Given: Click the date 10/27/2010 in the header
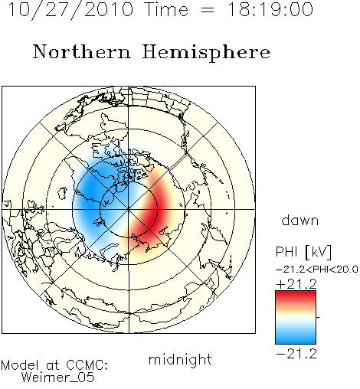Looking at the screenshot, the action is coord(71,9).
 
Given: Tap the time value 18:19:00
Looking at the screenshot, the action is coord(270,9).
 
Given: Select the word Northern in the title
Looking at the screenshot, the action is coord(82,51).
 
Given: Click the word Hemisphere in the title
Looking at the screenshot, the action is coord(206,53).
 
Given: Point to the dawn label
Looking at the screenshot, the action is coord(300,220).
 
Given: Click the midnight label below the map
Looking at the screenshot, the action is coord(180,359).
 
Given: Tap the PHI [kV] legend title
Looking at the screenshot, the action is coord(303,252).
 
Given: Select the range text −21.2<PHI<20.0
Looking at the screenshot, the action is coord(317,270).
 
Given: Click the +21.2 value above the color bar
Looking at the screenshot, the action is coord(296,284).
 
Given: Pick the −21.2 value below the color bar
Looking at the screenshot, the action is coord(296,354).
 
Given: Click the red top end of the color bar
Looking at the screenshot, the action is coord(296,293).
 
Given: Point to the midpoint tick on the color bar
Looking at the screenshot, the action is coord(318,317).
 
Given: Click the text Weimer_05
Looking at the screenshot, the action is coord(58,378).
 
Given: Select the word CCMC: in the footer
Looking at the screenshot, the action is coord(87,365).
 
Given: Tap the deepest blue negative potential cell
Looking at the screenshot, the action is coord(90,189).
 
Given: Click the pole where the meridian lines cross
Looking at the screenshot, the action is coord(129,209).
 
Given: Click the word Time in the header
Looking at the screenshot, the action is coord(166,9).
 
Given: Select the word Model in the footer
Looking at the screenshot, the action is coord(20,365).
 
